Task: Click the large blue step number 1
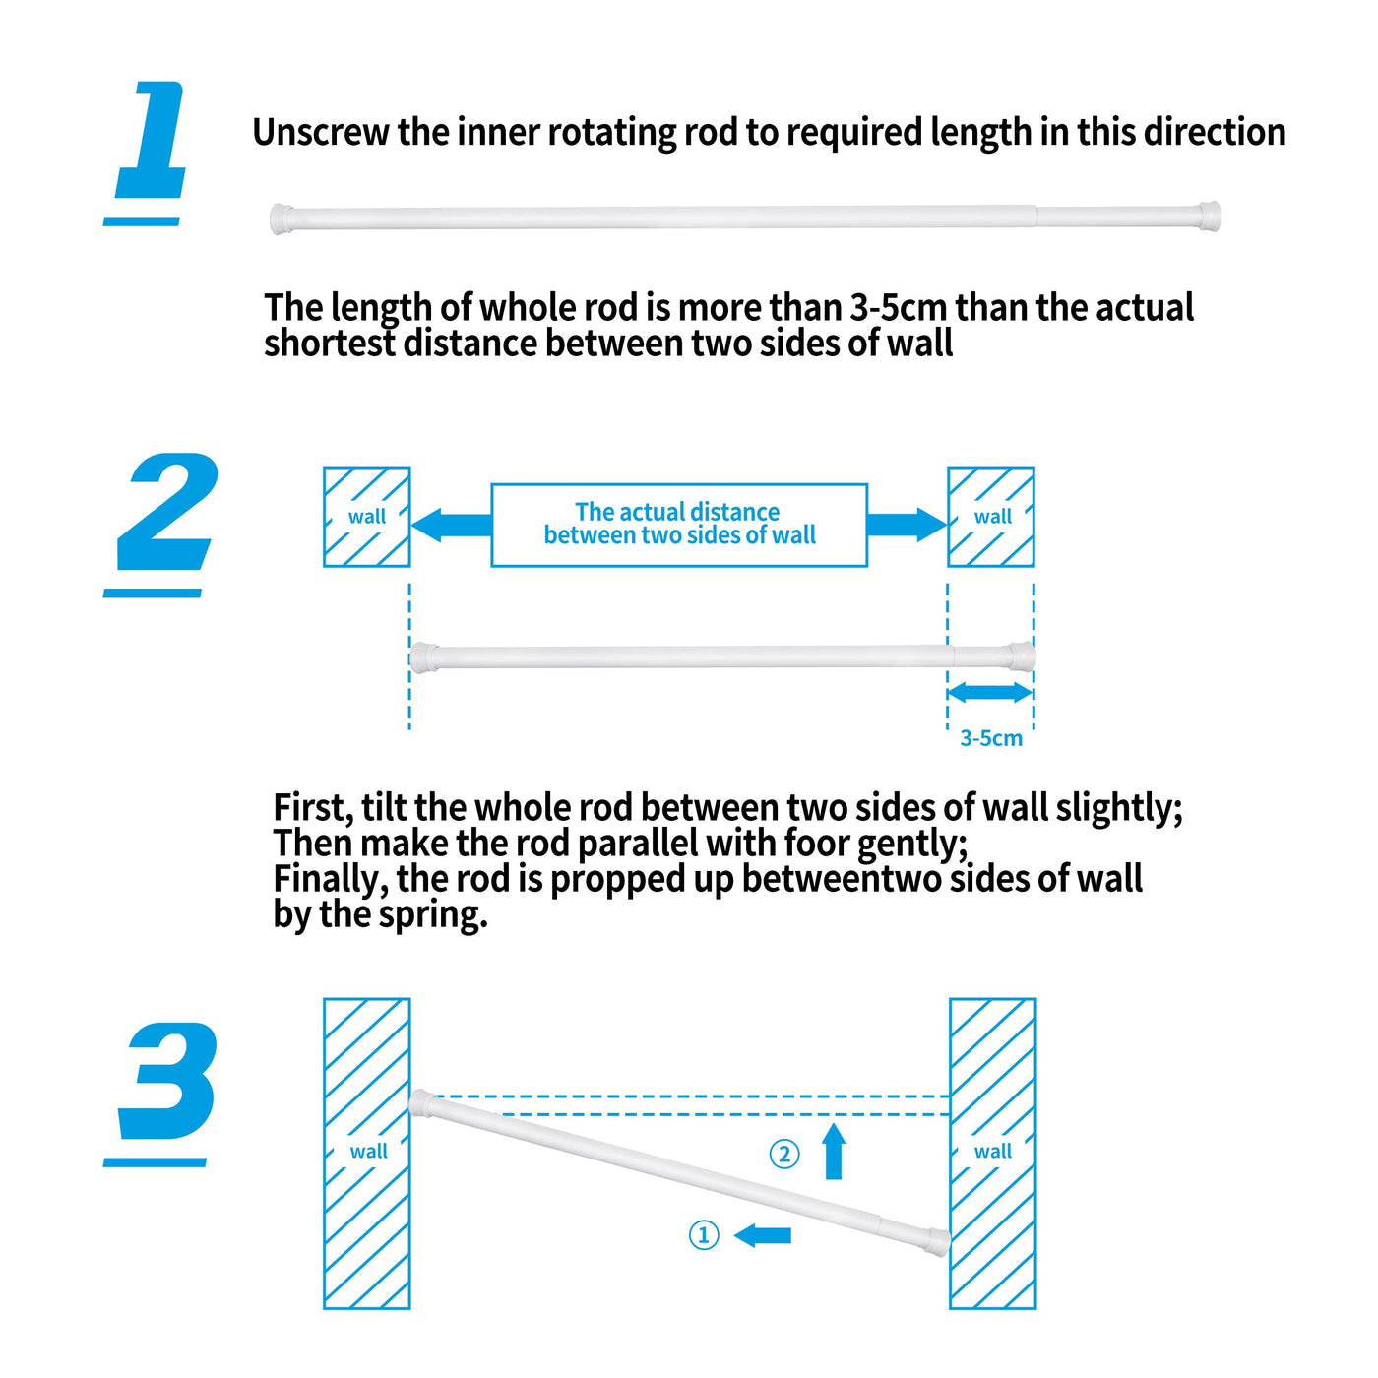point(152,140)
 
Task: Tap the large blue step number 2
point(166,511)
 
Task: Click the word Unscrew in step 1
point(321,132)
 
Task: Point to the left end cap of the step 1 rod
point(282,219)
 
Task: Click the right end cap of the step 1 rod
point(1210,216)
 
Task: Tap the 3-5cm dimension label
point(990,738)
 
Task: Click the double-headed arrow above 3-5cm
point(990,692)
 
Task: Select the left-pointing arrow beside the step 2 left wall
point(451,525)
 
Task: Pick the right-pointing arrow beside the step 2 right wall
point(908,525)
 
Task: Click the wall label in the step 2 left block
point(367,517)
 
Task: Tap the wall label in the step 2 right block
point(992,517)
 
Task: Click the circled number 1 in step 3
point(704,1235)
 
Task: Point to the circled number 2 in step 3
point(783,1155)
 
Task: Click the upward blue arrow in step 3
point(834,1151)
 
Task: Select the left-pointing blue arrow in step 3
point(762,1235)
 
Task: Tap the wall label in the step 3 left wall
point(369,1152)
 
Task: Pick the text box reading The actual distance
point(679,525)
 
